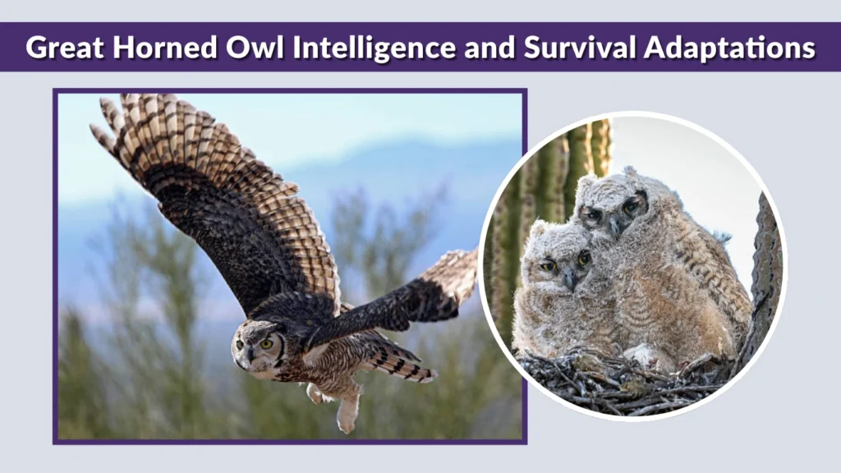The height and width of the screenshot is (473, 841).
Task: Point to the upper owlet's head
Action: [x=612, y=201]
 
